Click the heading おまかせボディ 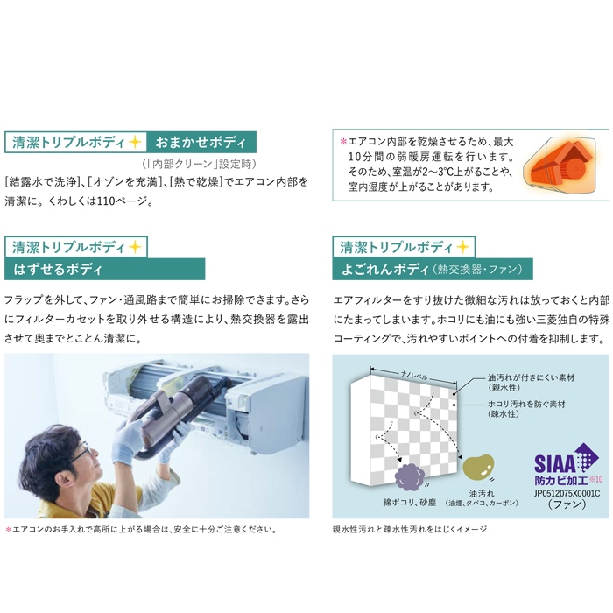click(x=201, y=142)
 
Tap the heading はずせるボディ click(x=58, y=270)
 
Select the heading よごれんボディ click(x=385, y=270)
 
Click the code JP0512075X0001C click(x=567, y=493)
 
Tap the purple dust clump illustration click(x=409, y=476)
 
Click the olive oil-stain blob click(x=478, y=467)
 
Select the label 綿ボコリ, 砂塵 click(x=409, y=503)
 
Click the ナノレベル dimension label click(x=414, y=376)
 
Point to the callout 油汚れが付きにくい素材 click(x=531, y=377)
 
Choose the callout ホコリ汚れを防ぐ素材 click(x=526, y=405)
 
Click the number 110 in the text click(x=106, y=201)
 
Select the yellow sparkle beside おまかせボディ click(x=135, y=142)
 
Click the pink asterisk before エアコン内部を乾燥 click(x=343, y=142)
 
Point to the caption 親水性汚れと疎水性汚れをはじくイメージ click(x=409, y=529)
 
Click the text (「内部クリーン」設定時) click(x=199, y=164)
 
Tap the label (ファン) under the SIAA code click(x=567, y=504)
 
